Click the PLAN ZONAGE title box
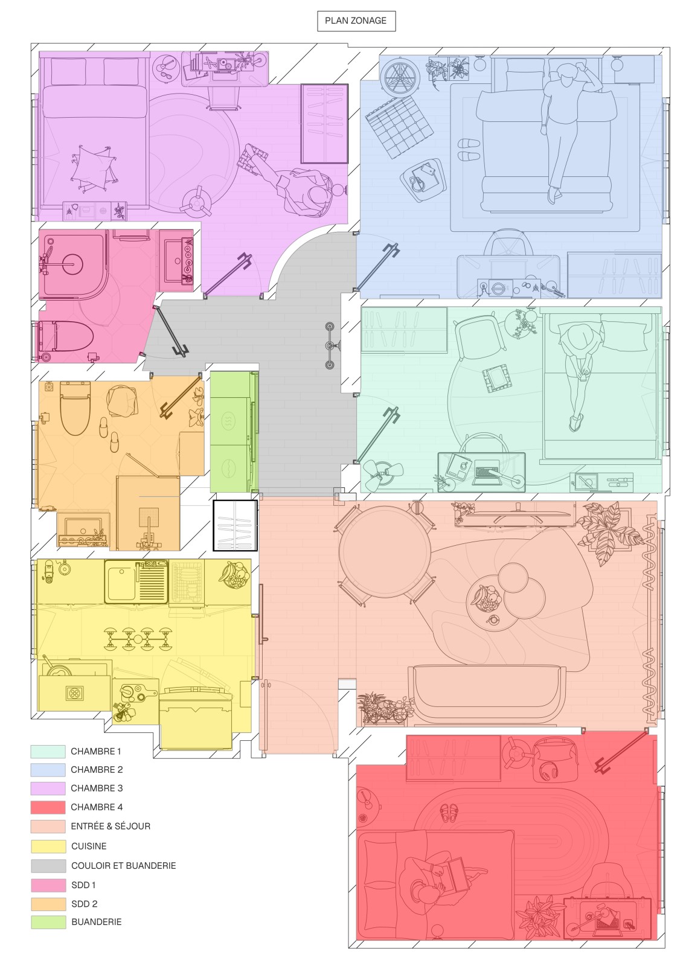point(356,21)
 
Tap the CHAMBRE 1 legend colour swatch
point(48,751)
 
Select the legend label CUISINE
point(89,846)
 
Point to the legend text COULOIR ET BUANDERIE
point(123,865)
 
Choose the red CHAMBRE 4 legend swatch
point(48,807)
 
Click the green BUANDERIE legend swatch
point(48,921)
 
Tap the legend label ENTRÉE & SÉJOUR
point(111,826)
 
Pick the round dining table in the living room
point(385,552)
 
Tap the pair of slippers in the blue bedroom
point(468,149)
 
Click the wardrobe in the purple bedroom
point(324,124)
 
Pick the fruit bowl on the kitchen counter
point(234,574)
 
